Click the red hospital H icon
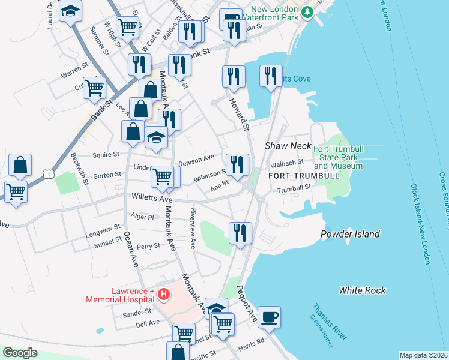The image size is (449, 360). click(164, 294)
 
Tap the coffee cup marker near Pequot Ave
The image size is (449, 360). click(269, 316)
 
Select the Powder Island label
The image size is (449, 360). click(350, 234)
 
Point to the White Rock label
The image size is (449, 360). click(362, 290)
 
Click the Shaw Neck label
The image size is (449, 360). click(288, 146)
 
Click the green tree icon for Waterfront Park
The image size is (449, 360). click(307, 11)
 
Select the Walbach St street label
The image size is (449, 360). click(287, 163)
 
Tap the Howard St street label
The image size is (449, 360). click(237, 113)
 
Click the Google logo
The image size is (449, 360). click(19, 353)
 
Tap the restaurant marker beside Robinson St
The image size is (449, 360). click(237, 164)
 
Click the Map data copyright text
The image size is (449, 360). click(423, 355)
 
